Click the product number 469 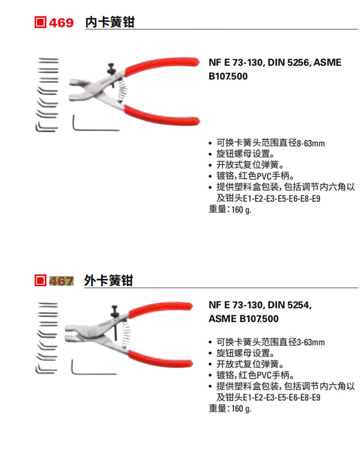(x=61, y=23)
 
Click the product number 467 (x=61, y=281)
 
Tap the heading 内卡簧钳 (x=110, y=22)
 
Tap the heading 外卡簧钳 (x=108, y=280)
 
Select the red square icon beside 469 (x=40, y=23)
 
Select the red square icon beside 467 (x=40, y=281)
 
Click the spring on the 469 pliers (x=122, y=90)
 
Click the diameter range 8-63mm (x=310, y=144)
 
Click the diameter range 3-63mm (x=310, y=343)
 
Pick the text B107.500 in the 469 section (x=228, y=77)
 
